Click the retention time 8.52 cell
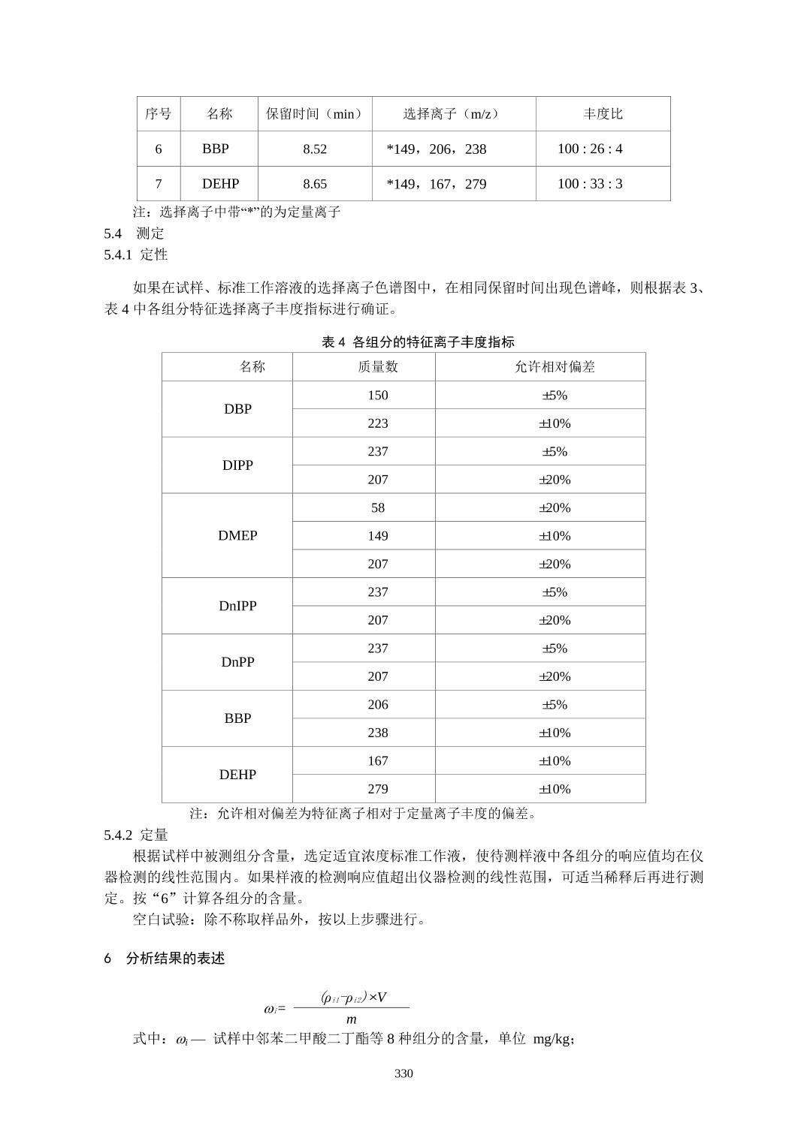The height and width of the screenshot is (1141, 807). [x=315, y=149]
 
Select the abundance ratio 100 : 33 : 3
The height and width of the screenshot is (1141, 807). [x=590, y=184]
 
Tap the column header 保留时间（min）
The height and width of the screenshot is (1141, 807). [x=315, y=114]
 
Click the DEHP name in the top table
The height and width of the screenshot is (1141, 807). [x=220, y=184]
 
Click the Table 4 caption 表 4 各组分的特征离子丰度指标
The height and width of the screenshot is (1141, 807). [x=418, y=342]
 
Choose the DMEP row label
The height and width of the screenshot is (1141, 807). [x=237, y=535]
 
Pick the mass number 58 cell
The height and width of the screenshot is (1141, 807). [x=378, y=507]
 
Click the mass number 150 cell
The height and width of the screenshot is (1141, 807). [x=378, y=396]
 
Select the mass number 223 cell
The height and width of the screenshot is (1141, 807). [x=378, y=423]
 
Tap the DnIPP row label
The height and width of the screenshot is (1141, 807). [x=237, y=606]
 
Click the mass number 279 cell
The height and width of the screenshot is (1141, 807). [x=378, y=789]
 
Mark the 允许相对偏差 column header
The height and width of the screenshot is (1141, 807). [x=555, y=366]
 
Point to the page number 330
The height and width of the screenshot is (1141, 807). [x=403, y=1073]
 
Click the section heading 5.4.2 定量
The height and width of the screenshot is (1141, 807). [x=136, y=835]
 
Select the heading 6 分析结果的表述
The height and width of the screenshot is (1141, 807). [x=165, y=959]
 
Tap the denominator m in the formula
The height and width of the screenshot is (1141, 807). [x=351, y=1019]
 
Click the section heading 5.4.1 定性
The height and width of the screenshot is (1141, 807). [x=136, y=254]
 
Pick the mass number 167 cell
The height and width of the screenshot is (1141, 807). [x=378, y=760]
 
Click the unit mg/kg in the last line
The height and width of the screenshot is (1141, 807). [x=553, y=1040]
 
